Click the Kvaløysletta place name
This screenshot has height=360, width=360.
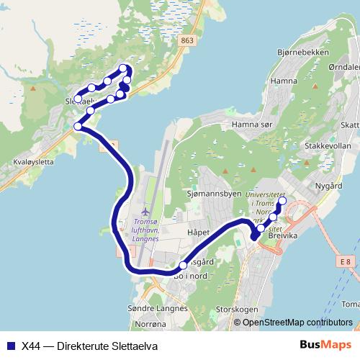tap(28, 163)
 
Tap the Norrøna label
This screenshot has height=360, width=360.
tap(160, 325)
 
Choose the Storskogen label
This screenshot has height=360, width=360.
tap(236, 310)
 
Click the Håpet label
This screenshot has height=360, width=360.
tap(197, 233)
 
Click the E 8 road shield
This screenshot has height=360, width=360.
tap(348, 261)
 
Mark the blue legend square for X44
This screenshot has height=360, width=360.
tap(9, 344)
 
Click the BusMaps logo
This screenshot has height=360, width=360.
tap(325, 344)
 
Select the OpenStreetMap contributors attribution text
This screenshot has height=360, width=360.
tap(297, 323)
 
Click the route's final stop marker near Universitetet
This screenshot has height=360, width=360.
tap(282, 201)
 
